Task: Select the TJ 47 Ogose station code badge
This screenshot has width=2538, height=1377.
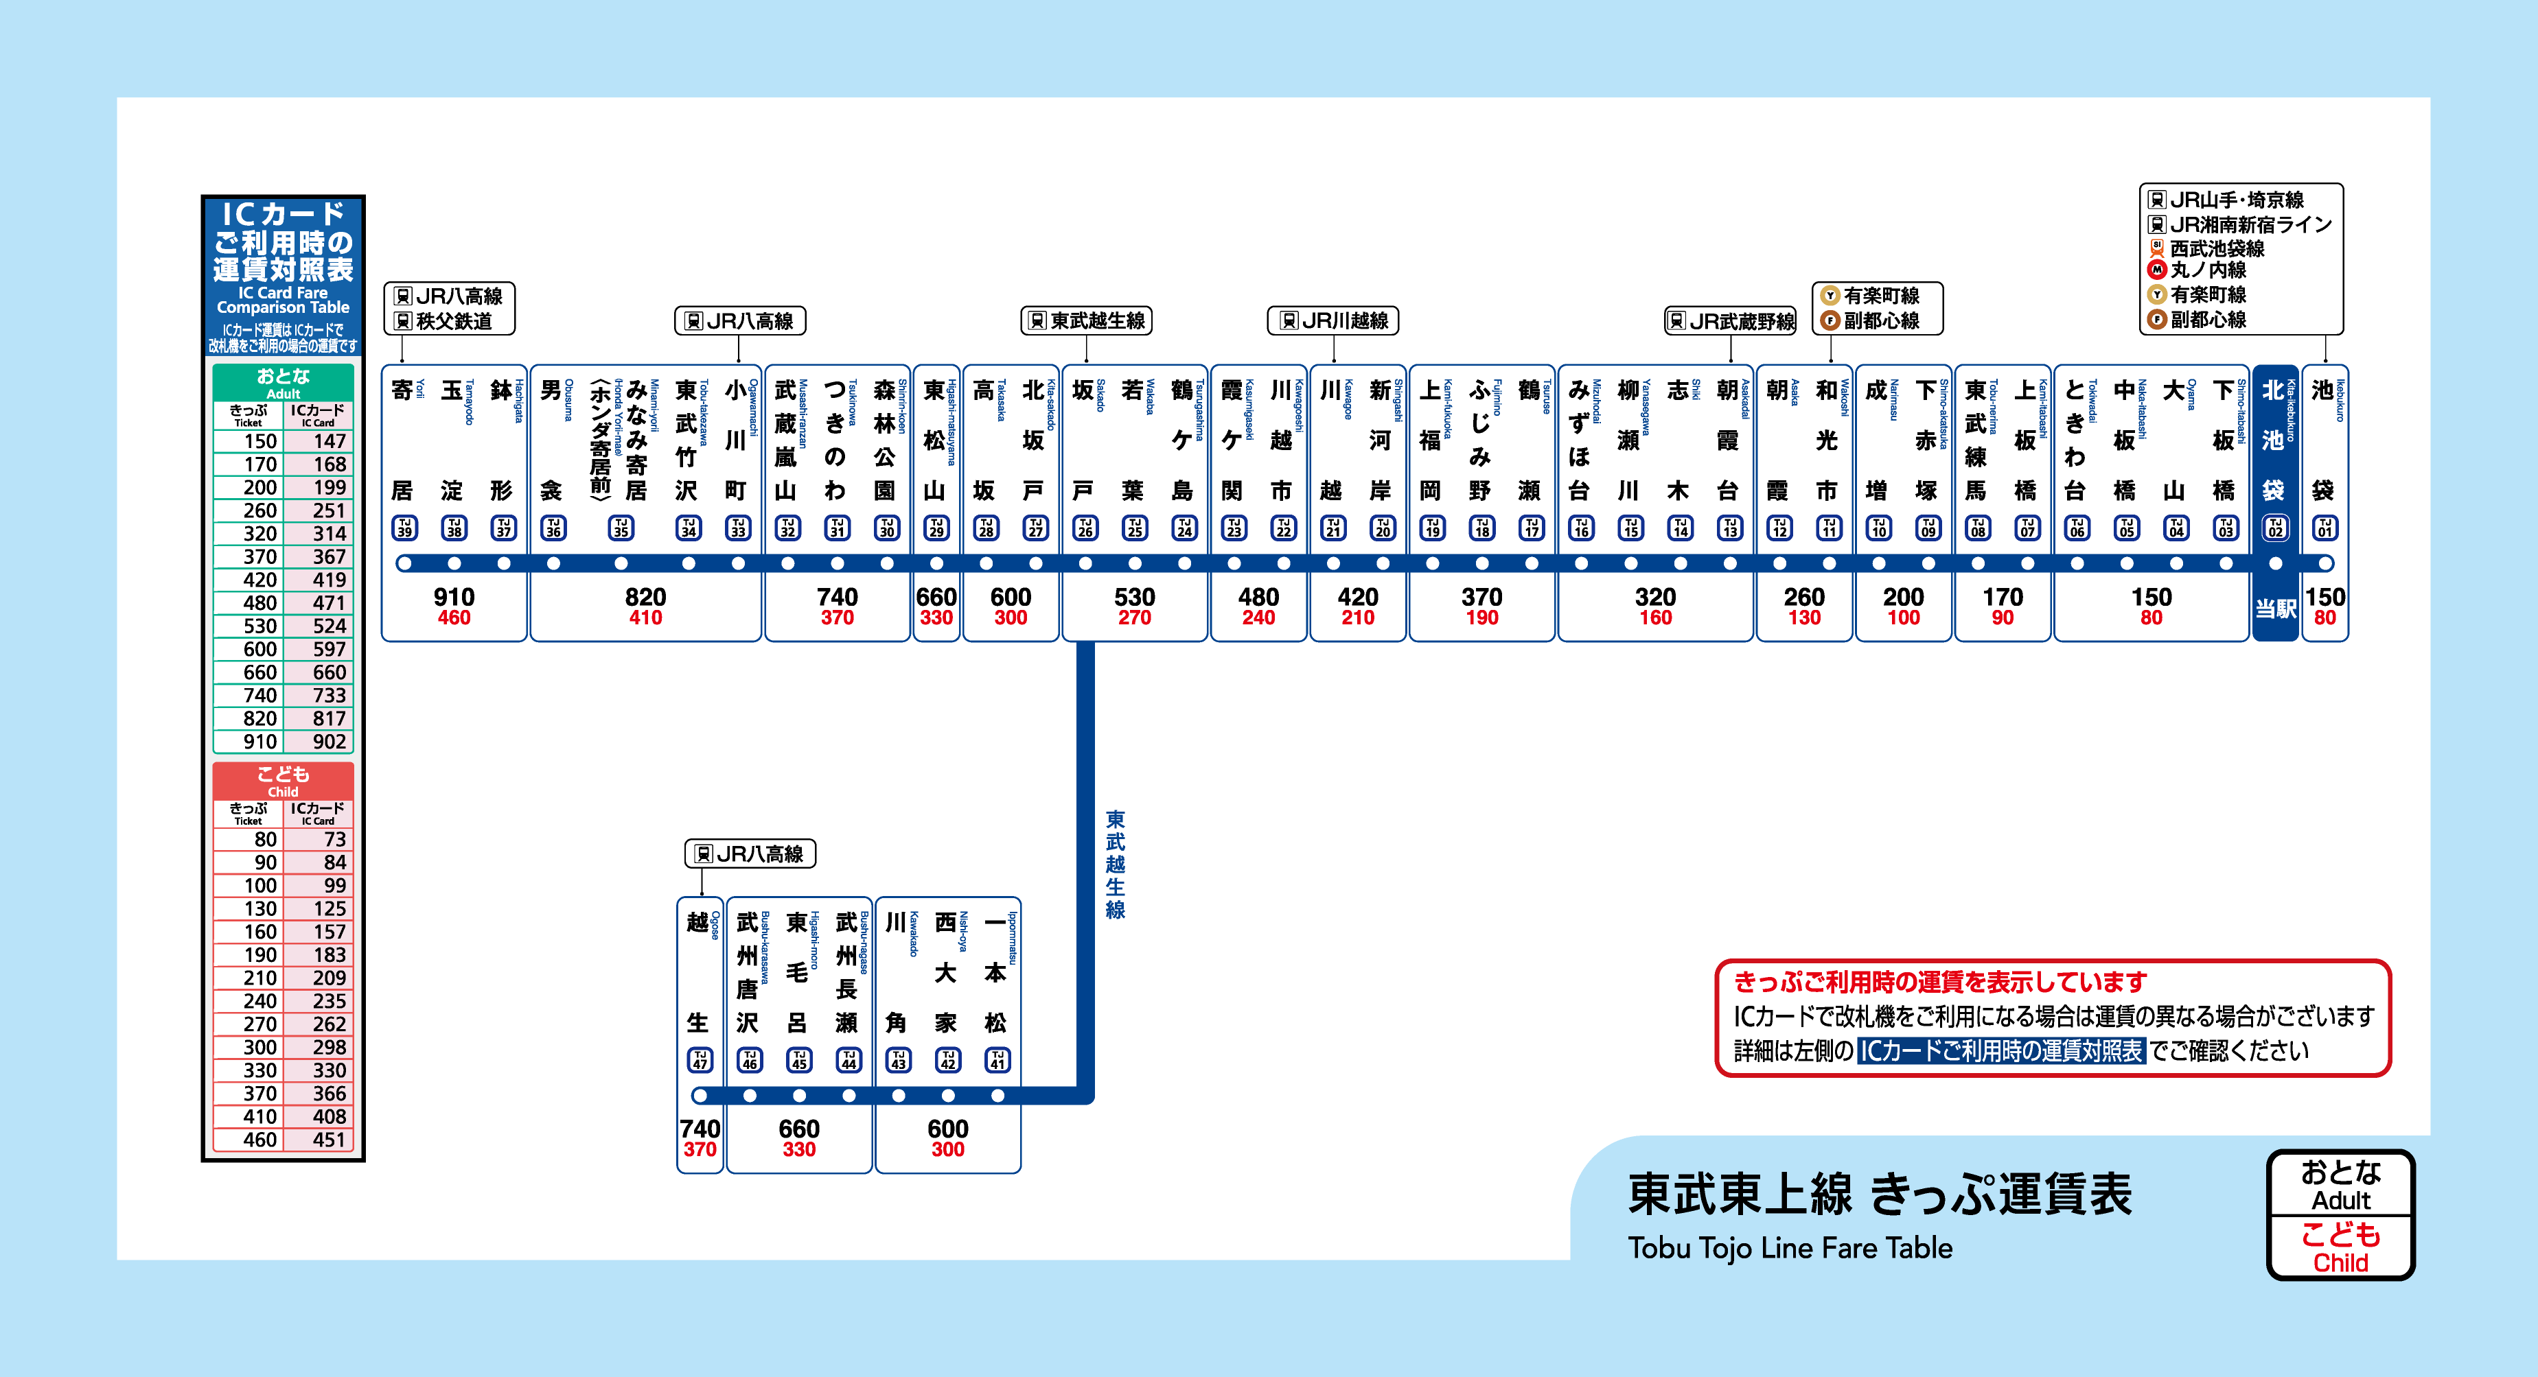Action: point(700,1060)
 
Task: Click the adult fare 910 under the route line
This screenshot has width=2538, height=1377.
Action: point(454,597)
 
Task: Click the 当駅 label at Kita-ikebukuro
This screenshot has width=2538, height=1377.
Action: point(2275,609)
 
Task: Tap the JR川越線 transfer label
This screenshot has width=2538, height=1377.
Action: point(1334,320)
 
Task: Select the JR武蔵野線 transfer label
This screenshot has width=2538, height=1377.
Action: point(1731,320)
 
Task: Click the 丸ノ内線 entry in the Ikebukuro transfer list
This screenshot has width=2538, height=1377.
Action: point(2208,270)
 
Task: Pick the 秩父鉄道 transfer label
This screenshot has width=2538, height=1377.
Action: point(453,321)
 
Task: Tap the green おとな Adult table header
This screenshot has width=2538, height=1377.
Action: point(283,382)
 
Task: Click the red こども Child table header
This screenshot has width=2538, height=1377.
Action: point(283,780)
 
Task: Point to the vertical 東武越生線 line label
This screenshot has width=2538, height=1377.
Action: point(1116,864)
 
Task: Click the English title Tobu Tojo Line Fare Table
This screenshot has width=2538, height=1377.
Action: point(1789,1248)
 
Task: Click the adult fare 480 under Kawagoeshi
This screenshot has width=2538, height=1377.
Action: point(1258,597)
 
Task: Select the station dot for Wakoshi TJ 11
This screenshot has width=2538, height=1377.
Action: point(1829,563)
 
